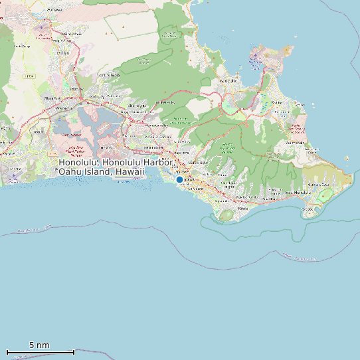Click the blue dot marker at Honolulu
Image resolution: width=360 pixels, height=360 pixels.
[179, 179]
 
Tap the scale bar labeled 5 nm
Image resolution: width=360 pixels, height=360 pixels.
[40, 351]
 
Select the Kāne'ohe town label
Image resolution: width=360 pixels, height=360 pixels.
[228, 80]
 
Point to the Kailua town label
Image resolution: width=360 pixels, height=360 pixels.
[277, 102]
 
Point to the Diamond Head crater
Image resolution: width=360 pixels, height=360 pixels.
[226, 215]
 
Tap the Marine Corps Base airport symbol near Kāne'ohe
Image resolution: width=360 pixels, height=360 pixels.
[256, 61]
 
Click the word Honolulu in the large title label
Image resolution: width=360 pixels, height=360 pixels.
[79, 162]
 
